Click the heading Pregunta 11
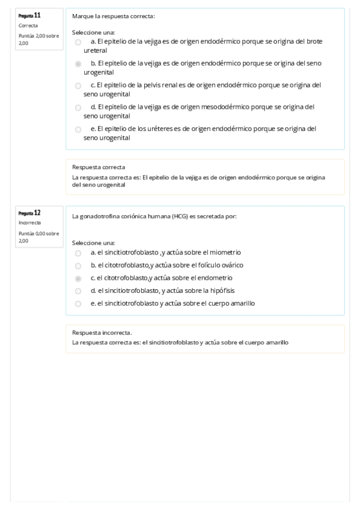coord(29,15)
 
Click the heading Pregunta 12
coord(29,212)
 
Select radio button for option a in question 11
coord(78,43)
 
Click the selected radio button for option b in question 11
coord(78,63)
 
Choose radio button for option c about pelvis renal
coord(78,86)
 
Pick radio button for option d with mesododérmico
coord(78,108)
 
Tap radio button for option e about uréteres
coord(78,129)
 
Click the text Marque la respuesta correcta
coord(113,16)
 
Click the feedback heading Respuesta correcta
coord(99,167)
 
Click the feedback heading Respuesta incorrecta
coord(102,332)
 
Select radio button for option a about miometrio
coord(78,253)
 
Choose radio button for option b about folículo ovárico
coord(78,266)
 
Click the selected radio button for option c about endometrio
coord(78,278)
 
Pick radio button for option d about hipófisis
coord(78,291)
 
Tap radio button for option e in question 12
coord(78,304)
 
